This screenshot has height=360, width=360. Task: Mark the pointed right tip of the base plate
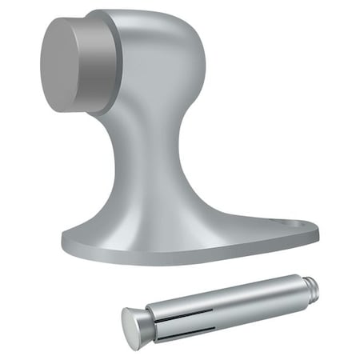point(316,232)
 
